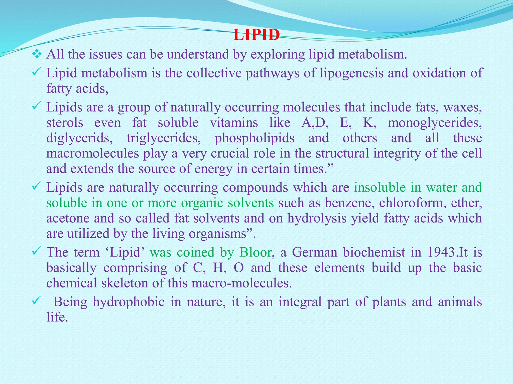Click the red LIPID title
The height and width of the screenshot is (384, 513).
[x=256, y=35]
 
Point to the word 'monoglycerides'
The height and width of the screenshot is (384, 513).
[x=435, y=123]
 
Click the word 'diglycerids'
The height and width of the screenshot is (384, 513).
[x=79, y=138]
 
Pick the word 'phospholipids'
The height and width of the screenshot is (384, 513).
[x=254, y=138]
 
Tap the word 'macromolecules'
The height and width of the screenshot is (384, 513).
[x=92, y=153]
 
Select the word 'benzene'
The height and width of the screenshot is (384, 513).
[x=349, y=203]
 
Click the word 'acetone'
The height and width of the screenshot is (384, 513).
[x=68, y=218]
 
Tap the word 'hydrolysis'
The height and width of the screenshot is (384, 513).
[x=317, y=218]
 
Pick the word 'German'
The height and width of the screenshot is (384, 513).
[x=315, y=252]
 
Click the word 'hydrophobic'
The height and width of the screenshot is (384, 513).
[x=129, y=302]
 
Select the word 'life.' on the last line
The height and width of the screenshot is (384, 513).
[x=57, y=317]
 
